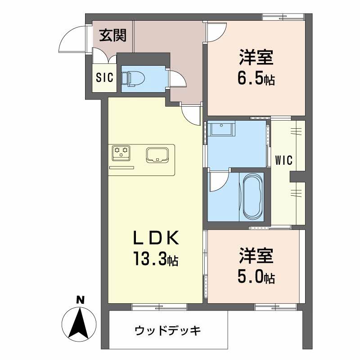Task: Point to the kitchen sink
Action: pyautogui.click(x=156, y=154)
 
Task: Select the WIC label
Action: pyautogui.click(x=284, y=160)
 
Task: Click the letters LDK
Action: pyautogui.click(x=156, y=237)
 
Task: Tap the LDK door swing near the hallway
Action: pyautogui.click(x=191, y=115)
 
